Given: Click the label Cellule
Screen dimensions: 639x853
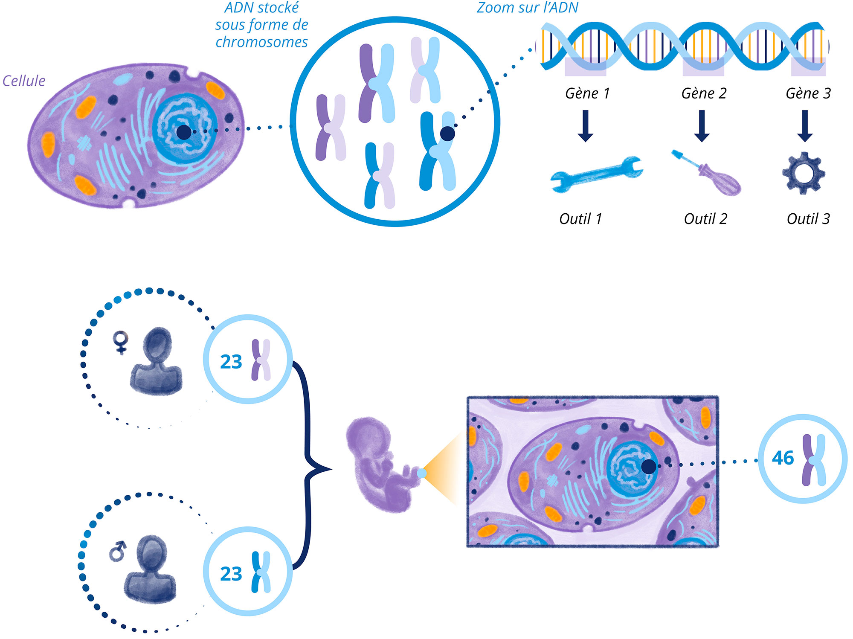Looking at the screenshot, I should click(x=24, y=81).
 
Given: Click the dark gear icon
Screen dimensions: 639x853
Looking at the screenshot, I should click(x=804, y=173).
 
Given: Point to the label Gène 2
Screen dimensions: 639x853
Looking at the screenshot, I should click(x=704, y=93).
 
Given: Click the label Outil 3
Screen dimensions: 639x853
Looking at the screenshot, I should click(x=808, y=219).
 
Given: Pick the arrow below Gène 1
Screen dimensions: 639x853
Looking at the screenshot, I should click(x=586, y=126).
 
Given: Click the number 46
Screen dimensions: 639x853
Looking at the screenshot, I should click(x=783, y=458).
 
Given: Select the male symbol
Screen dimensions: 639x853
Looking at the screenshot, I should click(x=118, y=551).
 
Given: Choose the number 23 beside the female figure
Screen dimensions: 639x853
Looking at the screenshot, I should click(x=231, y=362).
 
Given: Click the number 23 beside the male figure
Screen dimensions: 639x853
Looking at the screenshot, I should click(x=231, y=574).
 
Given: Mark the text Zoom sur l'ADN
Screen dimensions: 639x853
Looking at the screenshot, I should click(x=527, y=8).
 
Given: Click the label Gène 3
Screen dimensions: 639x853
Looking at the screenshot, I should click(x=808, y=93).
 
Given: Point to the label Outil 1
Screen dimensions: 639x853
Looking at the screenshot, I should click(x=580, y=219).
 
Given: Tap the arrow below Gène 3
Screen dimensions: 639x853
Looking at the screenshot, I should click(x=805, y=126).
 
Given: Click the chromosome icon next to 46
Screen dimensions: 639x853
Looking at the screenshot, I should click(x=814, y=460).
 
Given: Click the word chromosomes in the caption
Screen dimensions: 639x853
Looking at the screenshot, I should click(x=261, y=42).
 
